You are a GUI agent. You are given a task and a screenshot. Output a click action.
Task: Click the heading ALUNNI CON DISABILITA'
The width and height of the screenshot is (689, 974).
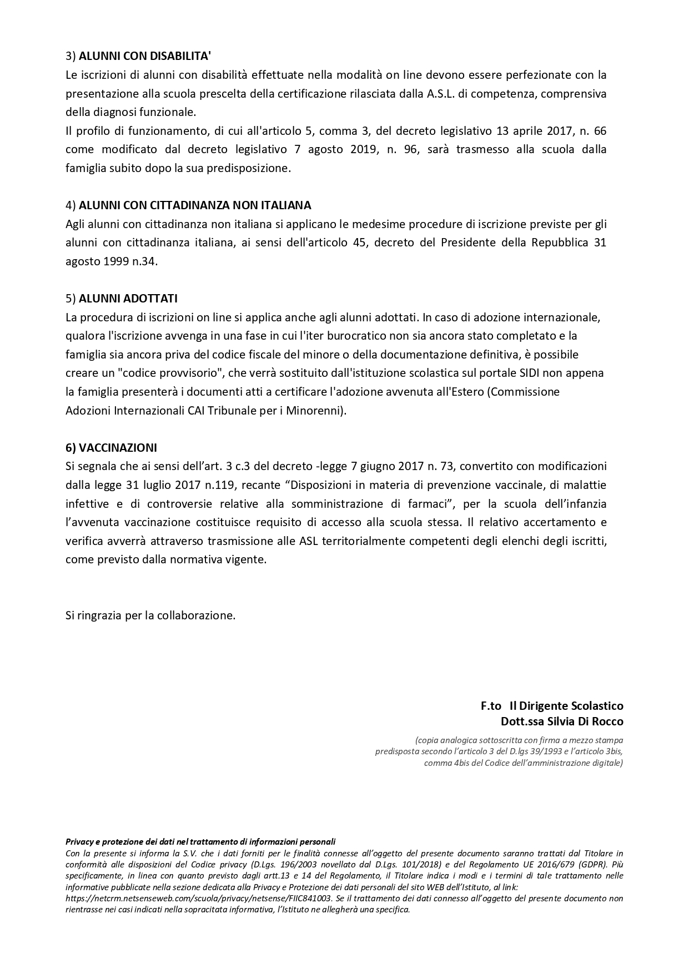pos(145,56)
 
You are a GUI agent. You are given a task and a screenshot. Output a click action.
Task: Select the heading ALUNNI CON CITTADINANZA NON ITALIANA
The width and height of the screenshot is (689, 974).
pos(195,205)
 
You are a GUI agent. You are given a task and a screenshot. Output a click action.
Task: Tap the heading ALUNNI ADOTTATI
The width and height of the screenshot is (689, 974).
pos(128,299)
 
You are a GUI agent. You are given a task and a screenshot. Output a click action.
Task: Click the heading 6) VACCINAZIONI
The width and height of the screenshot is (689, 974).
pos(111,447)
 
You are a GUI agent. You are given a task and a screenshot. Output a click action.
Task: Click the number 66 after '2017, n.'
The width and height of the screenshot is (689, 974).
pos(600,131)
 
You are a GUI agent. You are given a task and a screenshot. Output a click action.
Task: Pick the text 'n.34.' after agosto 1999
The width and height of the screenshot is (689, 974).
pos(144,261)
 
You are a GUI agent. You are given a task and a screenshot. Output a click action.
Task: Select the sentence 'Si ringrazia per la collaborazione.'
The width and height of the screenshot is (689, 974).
pos(150,615)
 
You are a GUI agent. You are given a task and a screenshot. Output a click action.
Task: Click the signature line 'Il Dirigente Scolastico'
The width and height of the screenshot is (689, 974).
pos(566,706)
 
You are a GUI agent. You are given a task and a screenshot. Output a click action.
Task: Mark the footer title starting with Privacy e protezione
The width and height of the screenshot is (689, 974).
pos(200,842)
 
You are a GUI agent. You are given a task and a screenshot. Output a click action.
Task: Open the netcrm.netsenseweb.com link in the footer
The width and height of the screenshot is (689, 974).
pos(199,898)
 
